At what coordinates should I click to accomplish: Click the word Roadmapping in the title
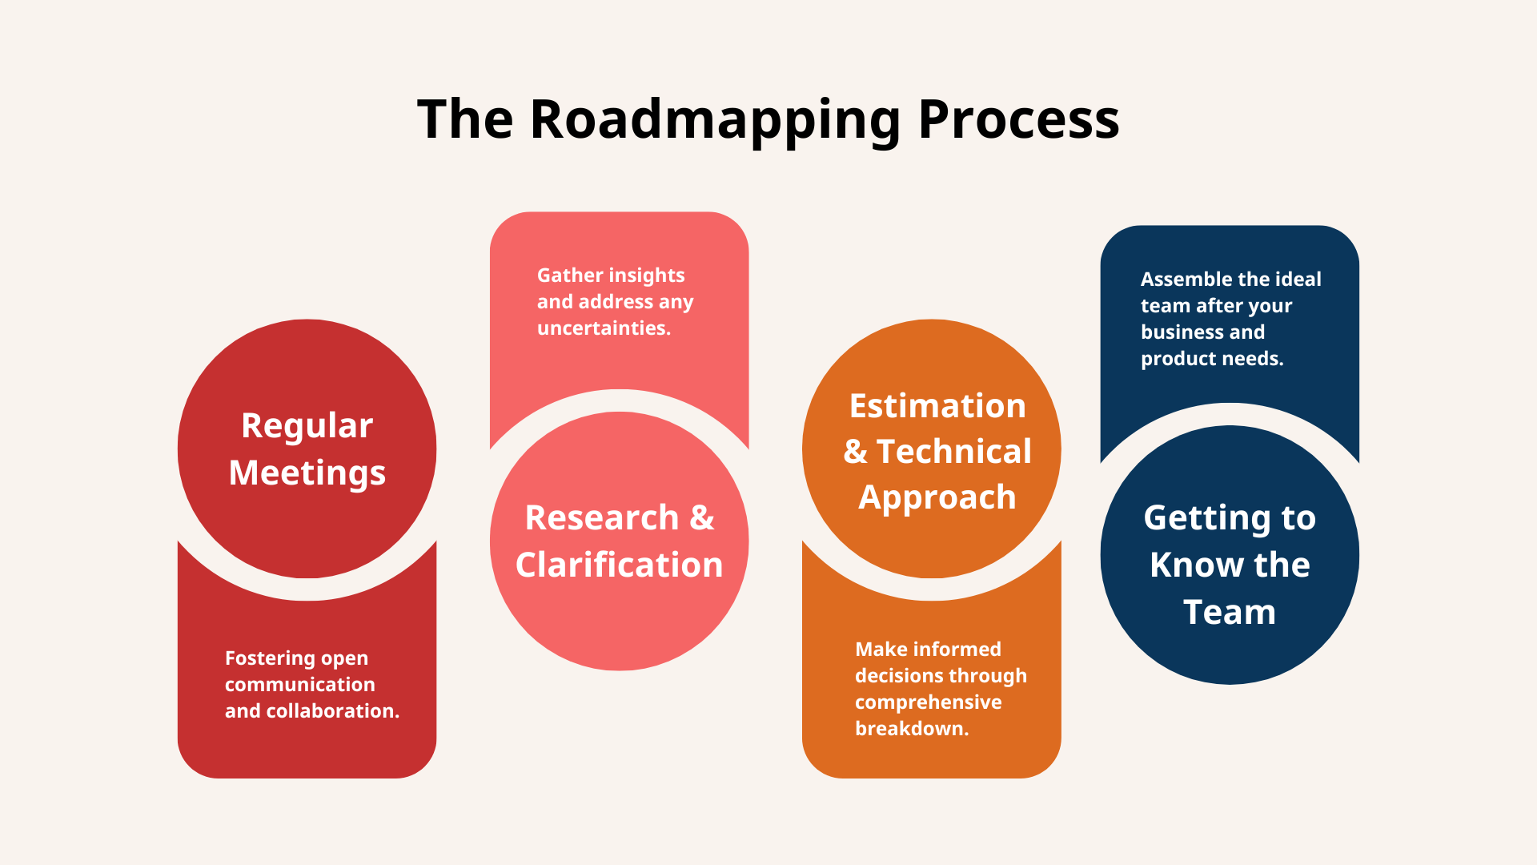tap(715, 120)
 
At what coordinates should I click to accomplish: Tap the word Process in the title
tap(1018, 120)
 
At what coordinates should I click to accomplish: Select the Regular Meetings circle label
tap(307, 449)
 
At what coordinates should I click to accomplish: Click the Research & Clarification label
tap(619, 541)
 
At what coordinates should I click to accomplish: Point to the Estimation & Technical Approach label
tap(937, 451)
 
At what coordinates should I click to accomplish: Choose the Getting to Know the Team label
tap(1230, 565)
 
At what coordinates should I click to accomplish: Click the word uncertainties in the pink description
tap(604, 328)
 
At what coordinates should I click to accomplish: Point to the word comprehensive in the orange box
tap(928, 702)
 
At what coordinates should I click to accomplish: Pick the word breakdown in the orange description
tap(911, 729)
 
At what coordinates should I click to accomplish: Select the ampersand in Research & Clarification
tap(701, 518)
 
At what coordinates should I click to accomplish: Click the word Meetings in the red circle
tap(307, 473)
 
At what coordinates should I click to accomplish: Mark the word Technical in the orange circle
tap(953, 452)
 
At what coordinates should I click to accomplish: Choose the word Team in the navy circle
tap(1230, 613)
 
